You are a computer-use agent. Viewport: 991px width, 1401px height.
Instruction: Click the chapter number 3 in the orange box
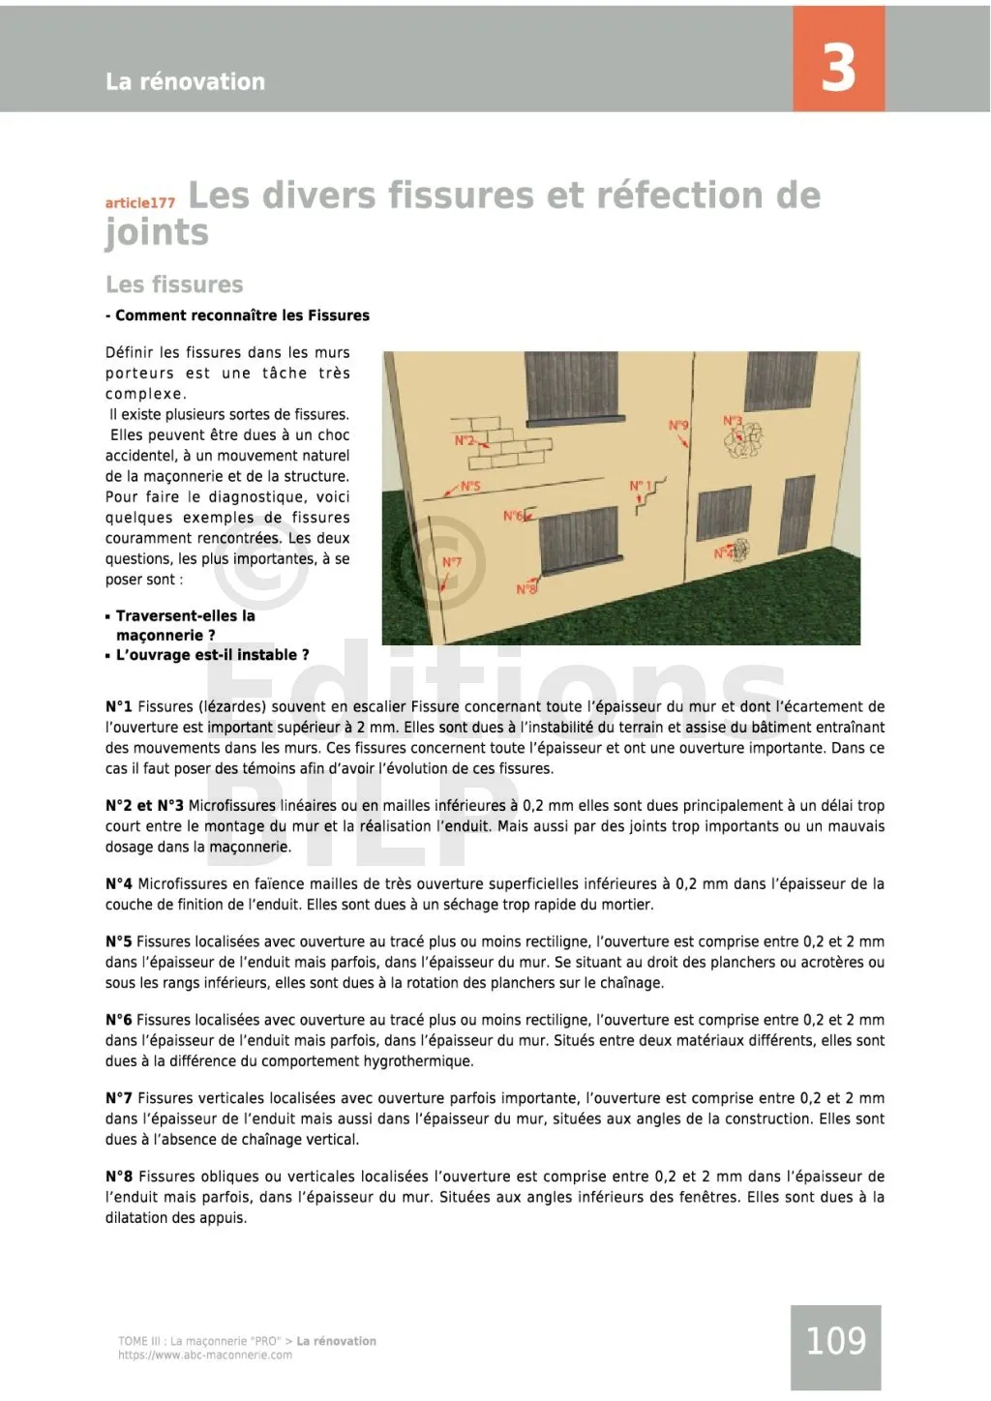coord(838,67)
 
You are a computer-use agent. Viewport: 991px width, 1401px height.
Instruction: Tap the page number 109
coord(835,1341)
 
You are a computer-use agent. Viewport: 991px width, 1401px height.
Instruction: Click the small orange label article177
coord(140,202)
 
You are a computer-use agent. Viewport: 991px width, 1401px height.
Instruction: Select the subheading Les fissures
coord(174,284)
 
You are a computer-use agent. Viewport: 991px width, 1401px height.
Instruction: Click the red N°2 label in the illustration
coord(465,440)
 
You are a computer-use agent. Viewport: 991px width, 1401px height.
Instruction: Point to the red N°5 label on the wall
coord(470,487)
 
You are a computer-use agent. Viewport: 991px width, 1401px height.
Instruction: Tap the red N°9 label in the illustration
coord(678,426)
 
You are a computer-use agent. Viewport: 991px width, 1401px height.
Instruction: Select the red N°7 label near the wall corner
coord(452,562)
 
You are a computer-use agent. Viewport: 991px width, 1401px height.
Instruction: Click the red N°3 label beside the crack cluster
coord(733,421)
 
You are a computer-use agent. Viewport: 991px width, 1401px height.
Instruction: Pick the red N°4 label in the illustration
coord(724,553)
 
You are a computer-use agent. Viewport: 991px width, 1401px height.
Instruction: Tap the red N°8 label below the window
coord(526,589)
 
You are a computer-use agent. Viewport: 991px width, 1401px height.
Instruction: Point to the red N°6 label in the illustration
coord(512,516)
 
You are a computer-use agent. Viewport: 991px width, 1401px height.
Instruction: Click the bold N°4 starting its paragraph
coord(119,883)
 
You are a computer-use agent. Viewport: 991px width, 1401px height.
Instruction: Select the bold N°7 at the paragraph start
coord(119,1098)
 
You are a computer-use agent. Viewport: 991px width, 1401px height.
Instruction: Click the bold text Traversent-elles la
coord(185,615)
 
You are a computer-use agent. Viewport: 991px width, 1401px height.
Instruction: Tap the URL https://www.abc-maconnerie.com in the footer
coord(205,1355)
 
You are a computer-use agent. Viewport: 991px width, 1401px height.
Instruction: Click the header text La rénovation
coord(185,81)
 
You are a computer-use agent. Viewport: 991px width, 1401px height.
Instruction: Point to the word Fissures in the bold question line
coord(339,315)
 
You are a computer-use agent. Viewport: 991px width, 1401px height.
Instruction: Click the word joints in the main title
coord(157,233)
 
